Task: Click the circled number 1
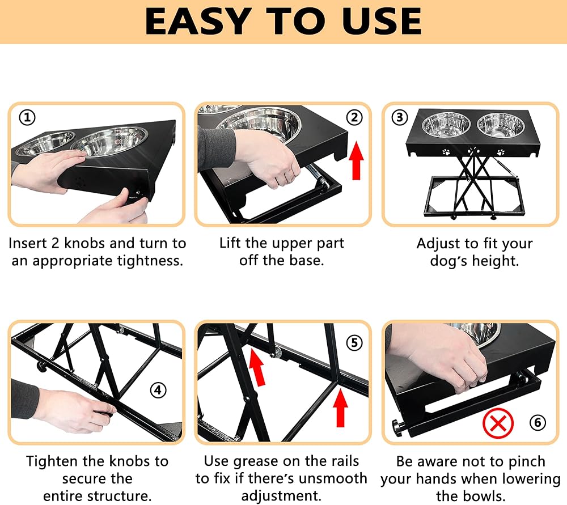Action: (x=27, y=118)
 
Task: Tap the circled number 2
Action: (x=354, y=117)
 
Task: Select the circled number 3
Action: (x=400, y=117)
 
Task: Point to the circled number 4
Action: (x=158, y=391)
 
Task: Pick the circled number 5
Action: (x=354, y=343)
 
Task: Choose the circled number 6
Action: (x=538, y=423)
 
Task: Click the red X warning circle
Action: (x=498, y=423)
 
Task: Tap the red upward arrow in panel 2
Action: (x=356, y=160)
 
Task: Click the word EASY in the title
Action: (x=198, y=22)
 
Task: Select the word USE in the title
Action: (x=382, y=22)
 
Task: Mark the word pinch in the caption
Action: (x=524, y=461)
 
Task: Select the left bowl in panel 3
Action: (x=446, y=125)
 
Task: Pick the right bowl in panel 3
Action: (x=501, y=125)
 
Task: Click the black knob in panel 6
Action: (x=398, y=427)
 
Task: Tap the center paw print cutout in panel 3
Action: (x=473, y=151)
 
